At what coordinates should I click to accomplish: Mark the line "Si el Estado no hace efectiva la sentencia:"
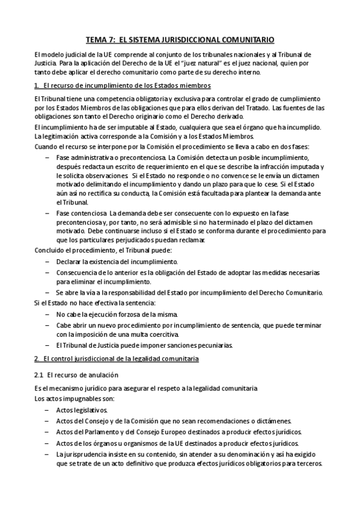[x=95, y=303]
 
